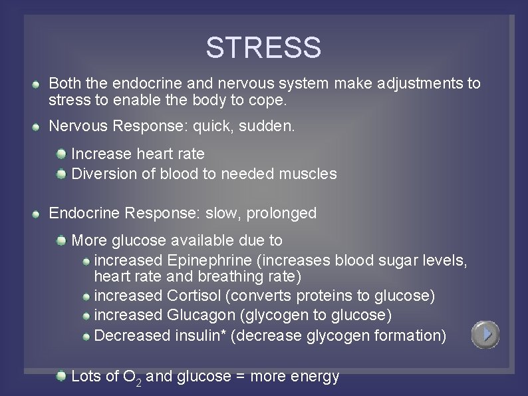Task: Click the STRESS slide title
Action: point(263,48)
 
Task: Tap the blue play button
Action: point(485,334)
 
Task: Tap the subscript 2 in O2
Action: point(139,381)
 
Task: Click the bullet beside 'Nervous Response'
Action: point(39,126)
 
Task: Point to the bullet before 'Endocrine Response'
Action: point(39,214)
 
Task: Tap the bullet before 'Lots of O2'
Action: point(61,377)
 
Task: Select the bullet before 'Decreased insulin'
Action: point(86,337)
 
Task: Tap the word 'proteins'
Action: point(316,295)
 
